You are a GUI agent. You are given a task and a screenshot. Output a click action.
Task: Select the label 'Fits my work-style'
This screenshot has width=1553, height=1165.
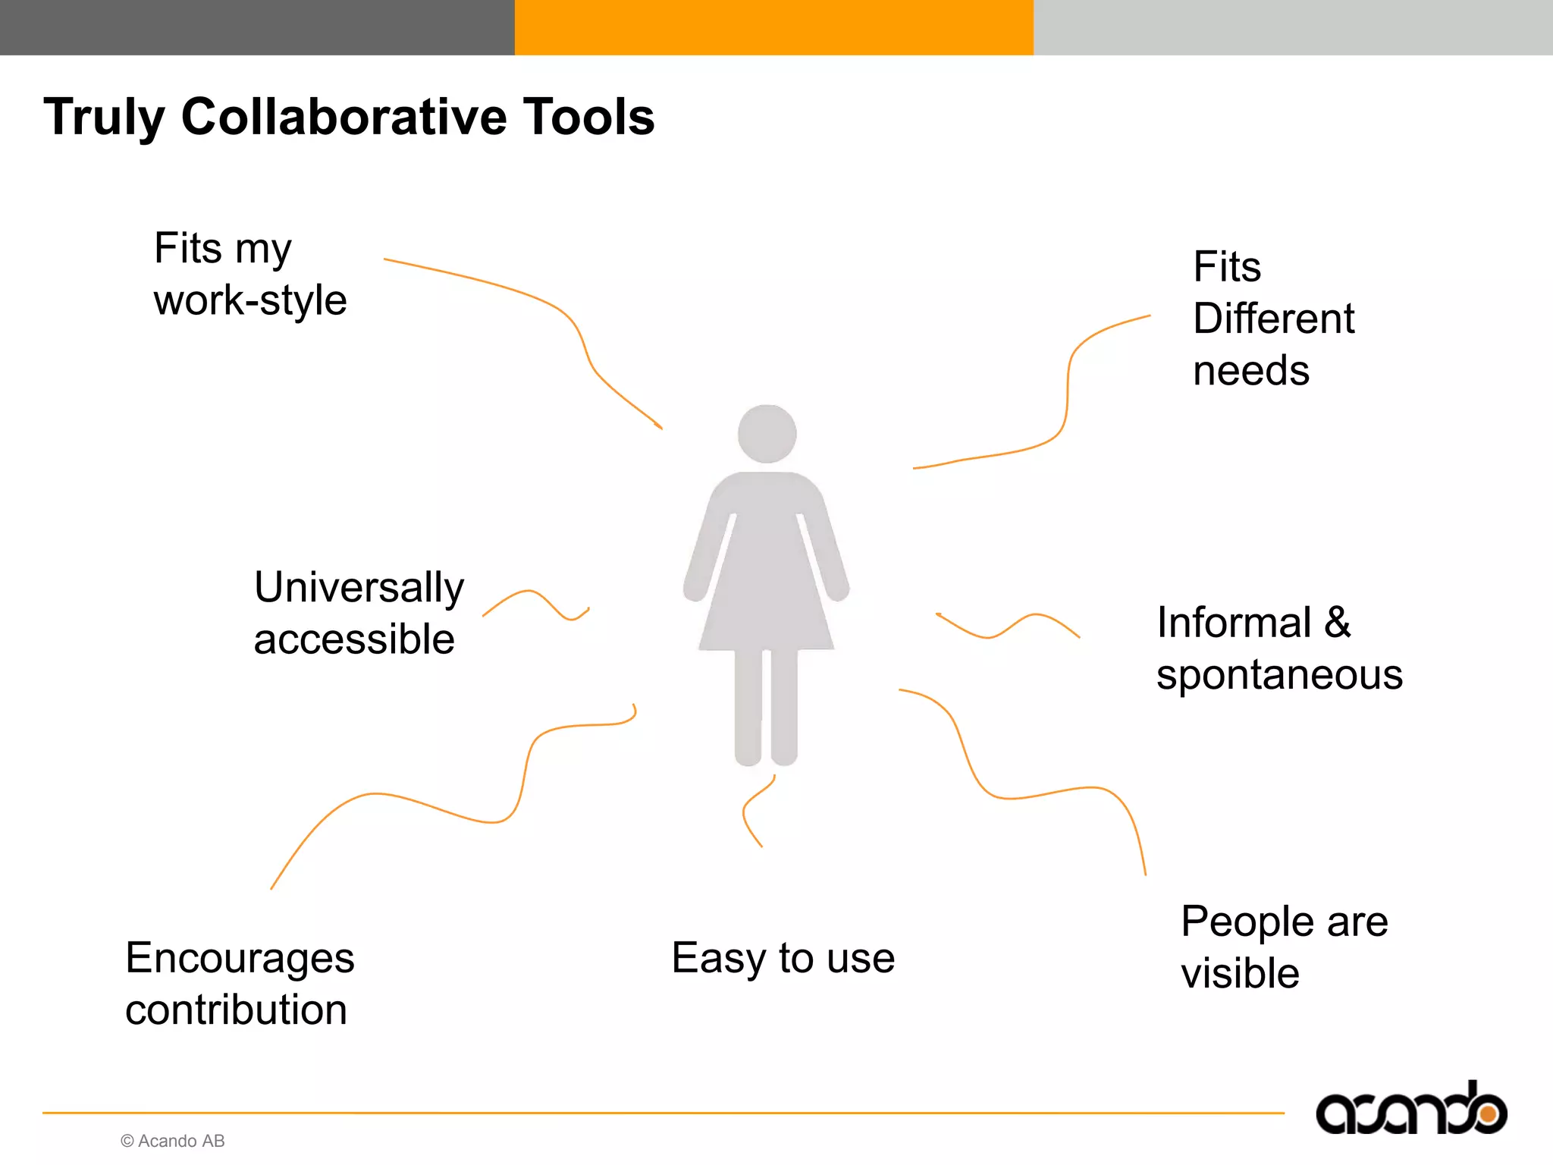click(x=250, y=274)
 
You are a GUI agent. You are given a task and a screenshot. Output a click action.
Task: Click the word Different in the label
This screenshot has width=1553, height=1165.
click(x=1273, y=319)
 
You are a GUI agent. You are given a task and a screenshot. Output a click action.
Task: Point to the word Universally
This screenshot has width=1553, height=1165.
click(x=359, y=588)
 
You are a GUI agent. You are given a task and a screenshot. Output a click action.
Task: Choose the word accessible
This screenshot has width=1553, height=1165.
click(x=354, y=639)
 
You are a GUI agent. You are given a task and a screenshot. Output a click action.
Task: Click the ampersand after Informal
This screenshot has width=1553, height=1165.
click(x=1338, y=623)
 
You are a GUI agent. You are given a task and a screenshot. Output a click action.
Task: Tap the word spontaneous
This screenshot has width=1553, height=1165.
click(x=1279, y=675)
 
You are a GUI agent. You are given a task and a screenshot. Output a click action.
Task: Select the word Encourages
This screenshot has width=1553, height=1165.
click(x=240, y=958)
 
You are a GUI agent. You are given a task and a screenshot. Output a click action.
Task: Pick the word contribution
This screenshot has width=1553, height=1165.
click(x=236, y=1010)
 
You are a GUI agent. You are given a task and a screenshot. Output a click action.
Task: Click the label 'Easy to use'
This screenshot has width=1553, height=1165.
click(x=783, y=958)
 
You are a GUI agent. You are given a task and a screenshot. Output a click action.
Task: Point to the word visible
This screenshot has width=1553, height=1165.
click(x=1240, y=974)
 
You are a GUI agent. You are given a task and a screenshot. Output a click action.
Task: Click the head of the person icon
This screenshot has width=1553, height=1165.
click(x=767, y=434)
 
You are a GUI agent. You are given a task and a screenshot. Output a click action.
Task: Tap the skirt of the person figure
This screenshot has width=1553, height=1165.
click(x=766, y=599)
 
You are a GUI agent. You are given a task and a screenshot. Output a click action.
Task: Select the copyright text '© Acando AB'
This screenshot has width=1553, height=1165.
click(x=173, y=1141)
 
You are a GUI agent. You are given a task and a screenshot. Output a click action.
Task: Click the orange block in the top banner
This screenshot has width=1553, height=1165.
click(x=773, y=27)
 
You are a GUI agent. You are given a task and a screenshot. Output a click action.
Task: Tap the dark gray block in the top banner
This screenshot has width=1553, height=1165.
click(x=257, y=27)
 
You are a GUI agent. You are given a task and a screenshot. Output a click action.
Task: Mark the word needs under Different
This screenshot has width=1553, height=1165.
click(x=1251, y=371)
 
